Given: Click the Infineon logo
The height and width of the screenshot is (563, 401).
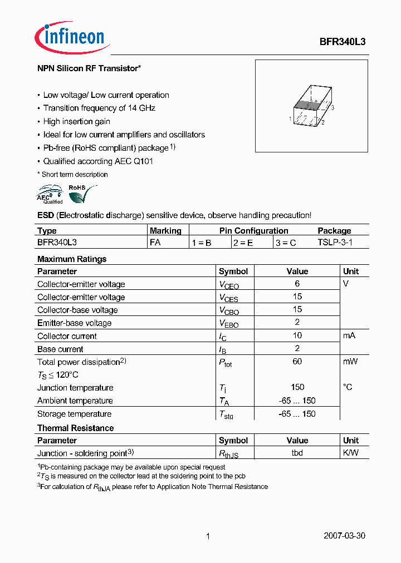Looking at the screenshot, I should click(x=70, y=37).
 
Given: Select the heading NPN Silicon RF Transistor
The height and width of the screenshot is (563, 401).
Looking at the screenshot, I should click(x=89, y=68).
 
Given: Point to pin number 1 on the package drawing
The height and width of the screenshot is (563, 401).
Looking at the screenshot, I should click(x=291, y=119).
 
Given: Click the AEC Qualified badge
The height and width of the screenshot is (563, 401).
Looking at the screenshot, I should click(x=50, y=195).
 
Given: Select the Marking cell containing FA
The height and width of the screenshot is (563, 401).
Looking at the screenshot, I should click(x=155, y=243).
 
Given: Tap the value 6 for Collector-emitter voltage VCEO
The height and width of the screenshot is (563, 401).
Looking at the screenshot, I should click(x=297, y=284).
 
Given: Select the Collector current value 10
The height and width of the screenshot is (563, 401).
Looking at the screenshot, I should click(x=297, y=335).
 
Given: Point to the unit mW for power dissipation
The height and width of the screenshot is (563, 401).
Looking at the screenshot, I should click(x=350, y=362).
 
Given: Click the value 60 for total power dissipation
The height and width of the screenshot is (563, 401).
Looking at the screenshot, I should click(x=297, y=362).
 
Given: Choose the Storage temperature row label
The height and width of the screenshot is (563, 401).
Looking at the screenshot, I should click(x=74, y=414).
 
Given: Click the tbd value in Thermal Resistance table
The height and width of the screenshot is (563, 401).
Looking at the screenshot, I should click(x=297, y=453).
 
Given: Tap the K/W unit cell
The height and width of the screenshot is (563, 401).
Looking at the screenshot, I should click(x=351, y=453).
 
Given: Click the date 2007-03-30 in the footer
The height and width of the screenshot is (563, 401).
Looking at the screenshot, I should click(x=344, y=536).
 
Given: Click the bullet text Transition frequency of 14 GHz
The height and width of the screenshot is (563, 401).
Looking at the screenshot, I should click(x=99, y=108).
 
